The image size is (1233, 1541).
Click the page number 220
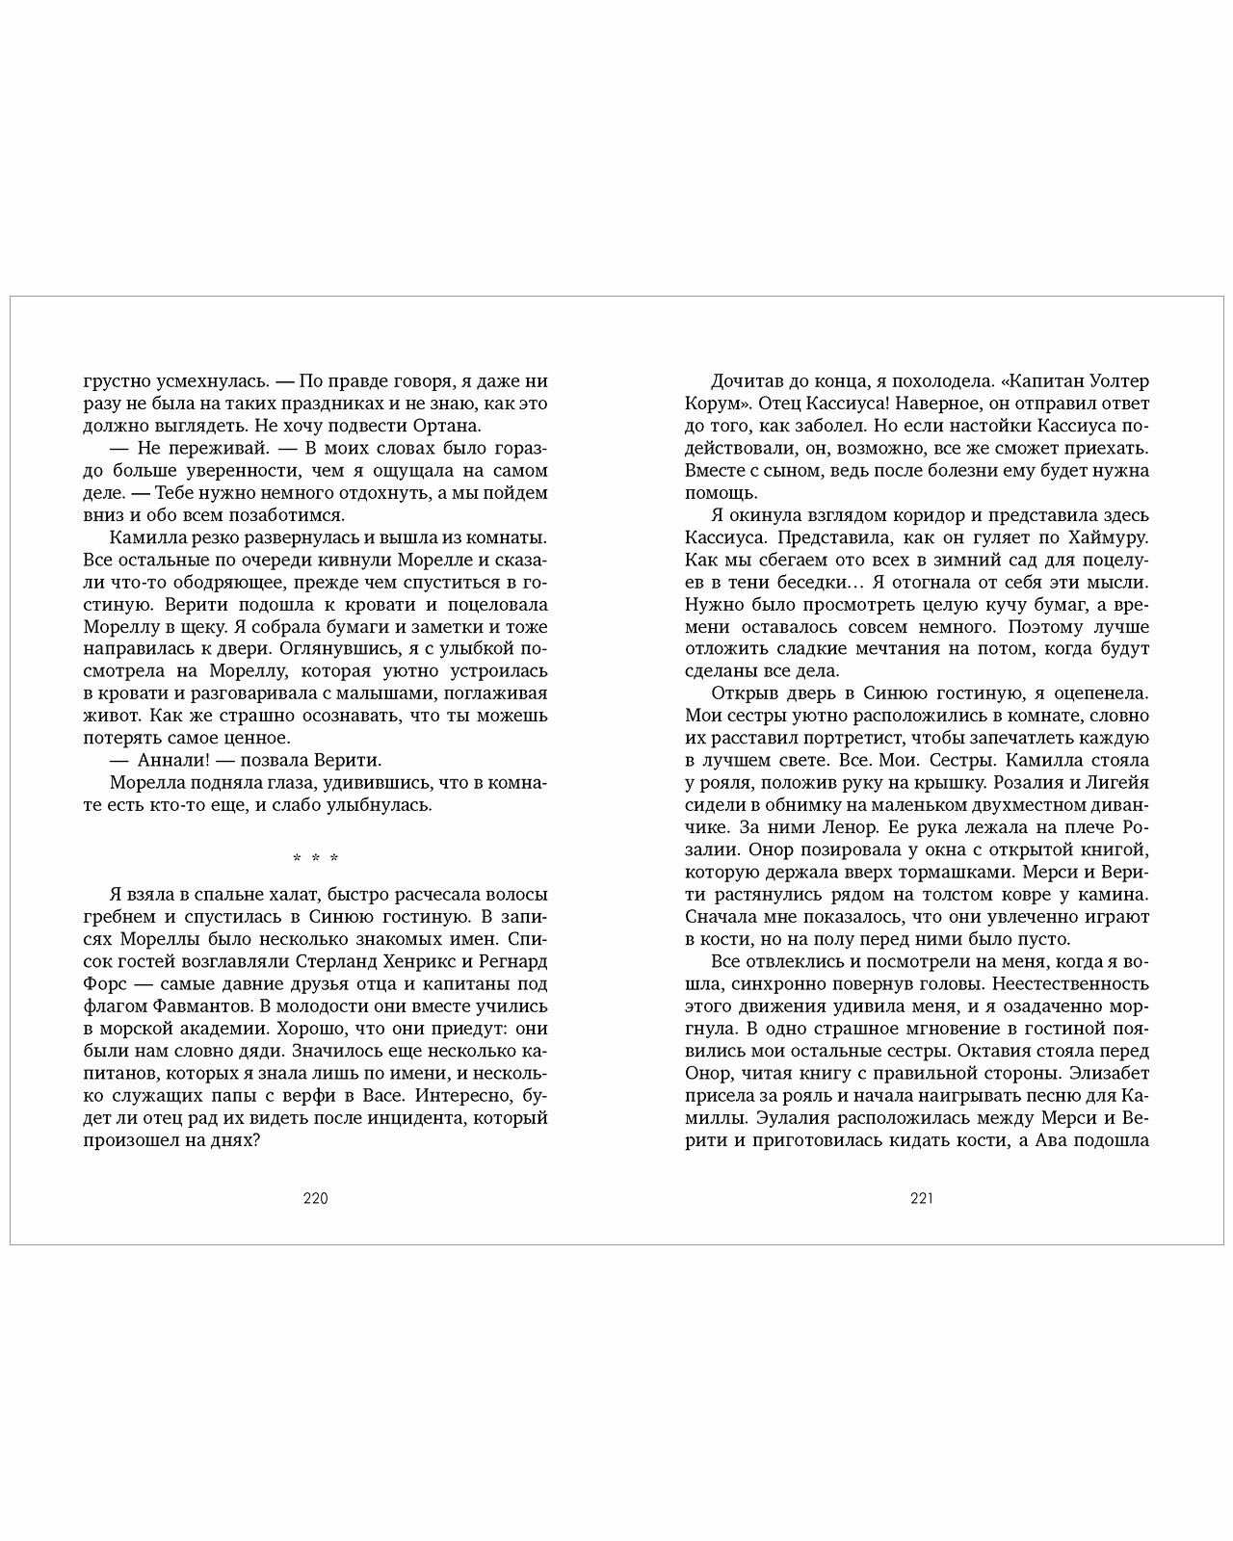315,1199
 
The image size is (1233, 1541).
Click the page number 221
922,1199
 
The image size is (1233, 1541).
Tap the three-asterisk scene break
315,858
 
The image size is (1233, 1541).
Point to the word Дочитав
744,379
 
